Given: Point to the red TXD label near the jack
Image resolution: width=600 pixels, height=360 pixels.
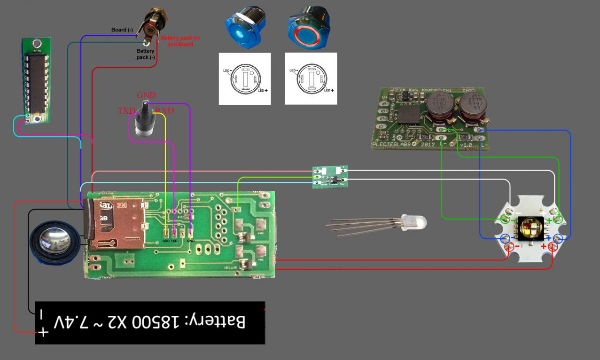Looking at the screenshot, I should pos(126,111).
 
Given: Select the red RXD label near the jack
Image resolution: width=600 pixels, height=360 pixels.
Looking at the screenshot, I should pos(165,111).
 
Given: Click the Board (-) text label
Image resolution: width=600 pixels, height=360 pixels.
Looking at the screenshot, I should pos(122,30).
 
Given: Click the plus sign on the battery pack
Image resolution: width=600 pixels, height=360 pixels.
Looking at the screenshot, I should pos(43,332).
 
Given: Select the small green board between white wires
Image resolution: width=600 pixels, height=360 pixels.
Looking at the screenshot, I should pos(330,176).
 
